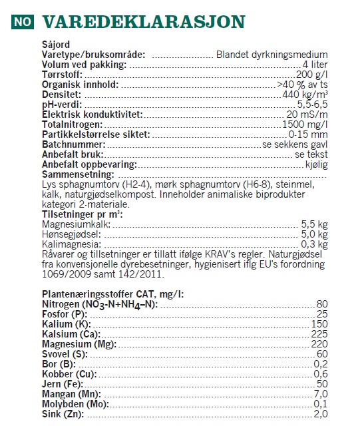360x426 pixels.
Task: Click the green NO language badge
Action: [x=21, y=21]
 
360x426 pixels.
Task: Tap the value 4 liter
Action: [x=315, y=65]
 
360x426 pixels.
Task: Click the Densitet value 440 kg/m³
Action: [x=305, y=95]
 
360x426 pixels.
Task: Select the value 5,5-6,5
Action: [x=312, y=105]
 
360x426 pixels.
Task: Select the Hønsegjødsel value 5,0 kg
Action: [x=315, y=234]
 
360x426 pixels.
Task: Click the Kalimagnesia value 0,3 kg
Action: [x=315, y=244]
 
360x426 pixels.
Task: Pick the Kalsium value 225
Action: [x=319, y=333]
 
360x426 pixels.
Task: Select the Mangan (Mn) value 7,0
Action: [x=321, y=394]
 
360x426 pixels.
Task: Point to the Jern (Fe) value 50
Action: [x=323, y=384]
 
